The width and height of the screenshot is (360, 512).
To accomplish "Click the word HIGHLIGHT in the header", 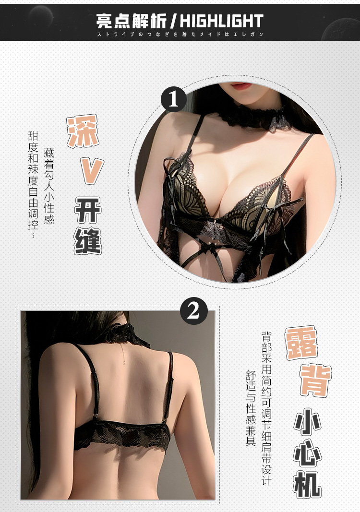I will click(x=222, y=21).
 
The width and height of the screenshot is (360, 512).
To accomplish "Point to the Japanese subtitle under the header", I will click(x=180, y=35).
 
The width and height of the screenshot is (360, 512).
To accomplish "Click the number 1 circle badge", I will click(x=173, y=100).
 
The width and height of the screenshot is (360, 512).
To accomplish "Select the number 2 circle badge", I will click(x=193, y=311).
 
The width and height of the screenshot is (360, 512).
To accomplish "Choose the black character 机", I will click(x=307, y=482).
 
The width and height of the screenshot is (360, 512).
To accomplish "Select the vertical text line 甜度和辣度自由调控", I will click(x=33, y=185).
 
